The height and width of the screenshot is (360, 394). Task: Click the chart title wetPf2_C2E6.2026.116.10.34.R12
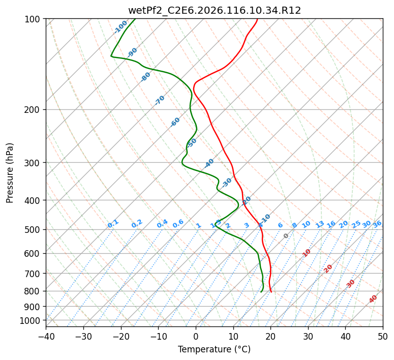coord(214,10)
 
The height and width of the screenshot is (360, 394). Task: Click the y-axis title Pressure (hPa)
coord(10,172)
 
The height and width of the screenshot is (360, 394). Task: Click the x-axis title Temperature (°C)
coord(214,349)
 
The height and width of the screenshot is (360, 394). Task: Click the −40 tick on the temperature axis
coord(46,337)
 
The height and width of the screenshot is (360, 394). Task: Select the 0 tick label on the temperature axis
coord(196,337)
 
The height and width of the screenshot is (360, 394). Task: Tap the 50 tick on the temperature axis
coord(383,337)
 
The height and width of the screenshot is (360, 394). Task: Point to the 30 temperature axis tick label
coord(308,337)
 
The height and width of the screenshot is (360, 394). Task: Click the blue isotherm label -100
coord(121,26)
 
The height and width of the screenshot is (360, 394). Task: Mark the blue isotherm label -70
coord(160,100)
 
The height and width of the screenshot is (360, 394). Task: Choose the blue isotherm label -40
coord(209,163)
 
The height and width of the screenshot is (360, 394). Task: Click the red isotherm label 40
coord(373,299)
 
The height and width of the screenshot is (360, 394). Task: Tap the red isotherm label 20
coord(328,268)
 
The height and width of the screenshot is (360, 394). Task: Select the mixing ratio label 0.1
coord(113,224)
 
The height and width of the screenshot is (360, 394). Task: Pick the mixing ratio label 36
coord(377,224)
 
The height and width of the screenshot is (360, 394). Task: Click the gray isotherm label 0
coord(286,236)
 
